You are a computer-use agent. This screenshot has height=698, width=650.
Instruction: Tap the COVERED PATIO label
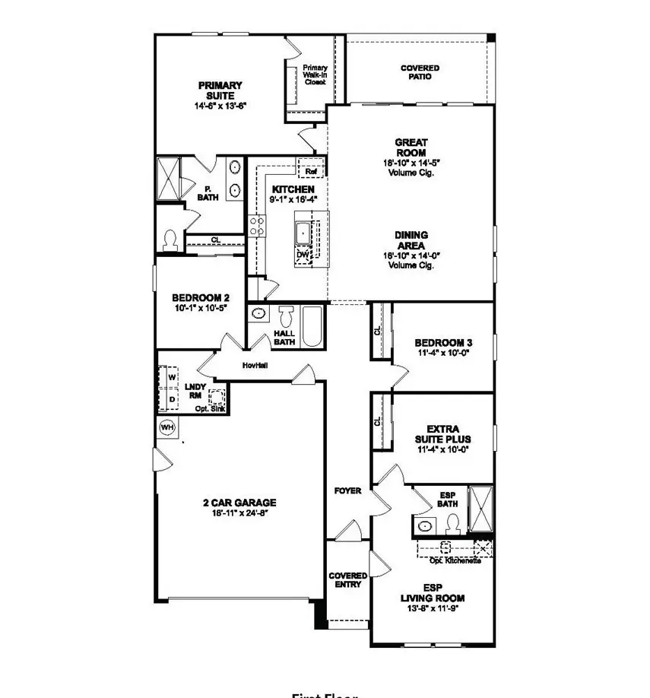tap(420, 72)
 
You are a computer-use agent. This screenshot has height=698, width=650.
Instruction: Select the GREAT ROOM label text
tap(411, 147)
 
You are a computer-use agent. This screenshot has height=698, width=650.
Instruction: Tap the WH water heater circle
tap(167, 428)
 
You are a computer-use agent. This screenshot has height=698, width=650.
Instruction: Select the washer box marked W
tap(172, 376)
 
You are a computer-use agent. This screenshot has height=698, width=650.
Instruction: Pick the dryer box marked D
tap(172, 398)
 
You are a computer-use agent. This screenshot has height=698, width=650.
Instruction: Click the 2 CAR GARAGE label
tap(239, 503)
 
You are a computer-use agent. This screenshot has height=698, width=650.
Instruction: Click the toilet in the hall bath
tap(287, 317)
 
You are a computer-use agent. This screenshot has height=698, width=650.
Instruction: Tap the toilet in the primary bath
tap(171, 240)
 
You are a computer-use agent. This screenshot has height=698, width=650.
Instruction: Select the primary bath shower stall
tap(168, 179)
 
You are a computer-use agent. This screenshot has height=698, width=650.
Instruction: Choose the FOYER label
tap(347, 491)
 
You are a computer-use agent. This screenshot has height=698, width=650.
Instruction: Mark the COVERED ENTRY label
tap(347, 581)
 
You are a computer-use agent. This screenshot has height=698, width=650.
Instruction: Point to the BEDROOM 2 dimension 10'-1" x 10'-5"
tap(200, 309)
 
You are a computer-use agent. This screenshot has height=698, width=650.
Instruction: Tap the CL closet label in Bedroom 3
tap(377, 332)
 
